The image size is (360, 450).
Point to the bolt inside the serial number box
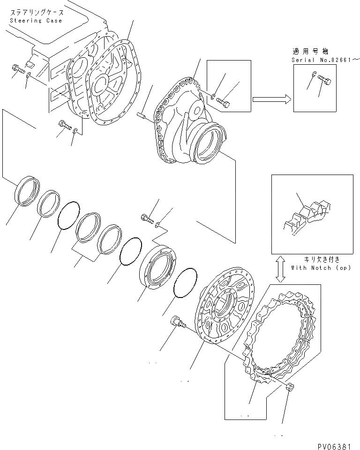324,82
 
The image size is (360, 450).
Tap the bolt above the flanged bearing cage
147,217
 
